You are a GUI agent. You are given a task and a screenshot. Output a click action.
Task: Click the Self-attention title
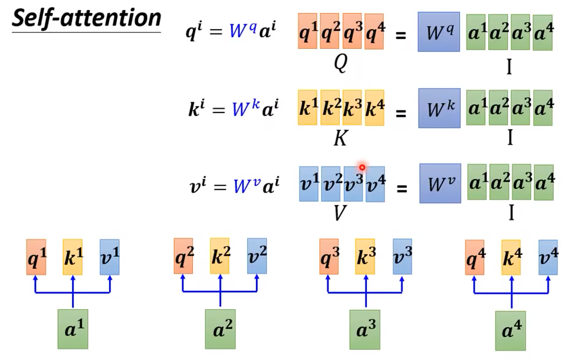[86, 19]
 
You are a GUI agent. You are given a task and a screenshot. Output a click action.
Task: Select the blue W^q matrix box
[439, 32]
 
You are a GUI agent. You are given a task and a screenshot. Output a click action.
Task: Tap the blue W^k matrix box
[439, 108]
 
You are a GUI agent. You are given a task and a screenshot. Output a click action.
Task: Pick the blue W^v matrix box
[440, 183]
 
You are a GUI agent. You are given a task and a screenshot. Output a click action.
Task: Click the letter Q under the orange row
[340, 63]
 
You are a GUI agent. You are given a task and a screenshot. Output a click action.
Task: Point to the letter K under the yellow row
[340, 138]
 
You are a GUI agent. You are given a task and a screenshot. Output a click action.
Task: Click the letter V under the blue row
[340, 213]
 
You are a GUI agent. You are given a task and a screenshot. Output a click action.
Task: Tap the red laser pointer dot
[362, 167]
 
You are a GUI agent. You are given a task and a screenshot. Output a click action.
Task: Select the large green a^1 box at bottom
[73, 329]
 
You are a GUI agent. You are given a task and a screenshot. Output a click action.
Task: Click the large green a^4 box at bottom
[510, 330]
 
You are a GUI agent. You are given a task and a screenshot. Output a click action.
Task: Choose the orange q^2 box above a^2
[183, 256]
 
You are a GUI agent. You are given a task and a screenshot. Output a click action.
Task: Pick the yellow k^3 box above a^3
[365, 257]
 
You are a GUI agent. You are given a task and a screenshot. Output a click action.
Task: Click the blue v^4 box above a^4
[548, 257]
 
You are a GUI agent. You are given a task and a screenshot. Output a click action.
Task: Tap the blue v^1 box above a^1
[109, 257]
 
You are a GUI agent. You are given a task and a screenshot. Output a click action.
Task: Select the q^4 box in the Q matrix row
[374, 32]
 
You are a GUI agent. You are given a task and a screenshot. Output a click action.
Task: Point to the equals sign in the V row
[401, 188]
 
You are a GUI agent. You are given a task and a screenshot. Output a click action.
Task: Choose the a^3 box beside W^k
[520, 108]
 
